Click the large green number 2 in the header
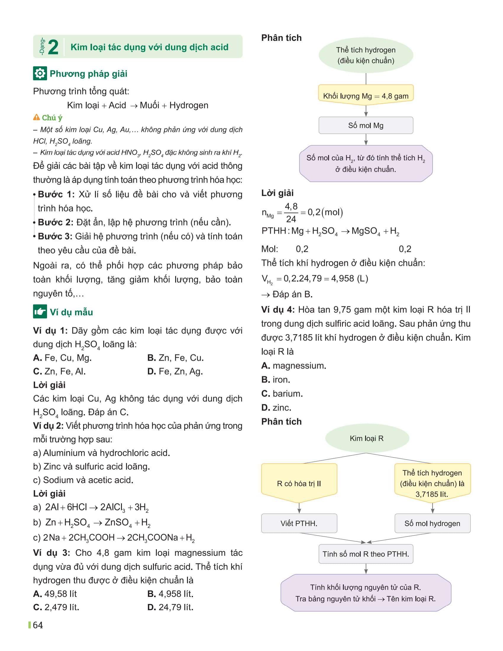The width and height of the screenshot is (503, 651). (53, 47)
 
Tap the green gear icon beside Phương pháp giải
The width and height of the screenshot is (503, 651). (40, 74)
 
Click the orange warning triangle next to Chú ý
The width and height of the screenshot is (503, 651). (36, 117)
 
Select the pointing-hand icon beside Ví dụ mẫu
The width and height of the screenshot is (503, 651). (40, 312)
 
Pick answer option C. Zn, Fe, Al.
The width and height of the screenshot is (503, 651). (59, 371)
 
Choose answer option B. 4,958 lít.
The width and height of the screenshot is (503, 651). (170, 594)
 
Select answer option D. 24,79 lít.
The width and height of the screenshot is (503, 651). (170, 607)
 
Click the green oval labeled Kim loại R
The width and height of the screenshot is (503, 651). (367, 438)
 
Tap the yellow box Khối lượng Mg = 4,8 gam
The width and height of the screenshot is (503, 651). (366, 96)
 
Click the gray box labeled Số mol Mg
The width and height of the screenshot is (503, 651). (366, 125)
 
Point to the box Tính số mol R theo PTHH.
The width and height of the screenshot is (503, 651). (366, 554)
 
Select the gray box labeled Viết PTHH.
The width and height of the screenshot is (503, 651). (299, 523)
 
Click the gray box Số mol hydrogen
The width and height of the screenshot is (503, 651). (432, 523)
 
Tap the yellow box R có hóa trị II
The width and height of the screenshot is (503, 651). (299, 484)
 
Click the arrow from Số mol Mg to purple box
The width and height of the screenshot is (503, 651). (366, 139)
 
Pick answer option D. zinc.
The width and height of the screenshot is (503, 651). (276, 407)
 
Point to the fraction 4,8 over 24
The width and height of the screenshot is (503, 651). (291, 212)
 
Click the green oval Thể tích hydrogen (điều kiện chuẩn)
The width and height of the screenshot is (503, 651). (366, 55)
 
